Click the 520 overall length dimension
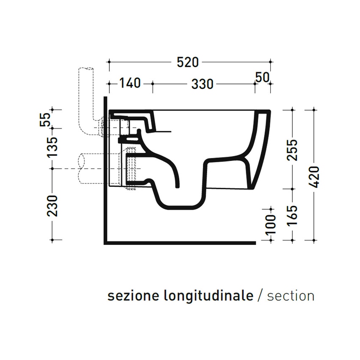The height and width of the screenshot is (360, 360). tap(188, 62)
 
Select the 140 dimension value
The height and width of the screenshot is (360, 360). tap(129, 83)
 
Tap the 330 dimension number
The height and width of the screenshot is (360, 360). tap(202, 84)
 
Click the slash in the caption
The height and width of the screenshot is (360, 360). tap(261, 296)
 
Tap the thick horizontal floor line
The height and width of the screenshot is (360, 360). tap(180, 243)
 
